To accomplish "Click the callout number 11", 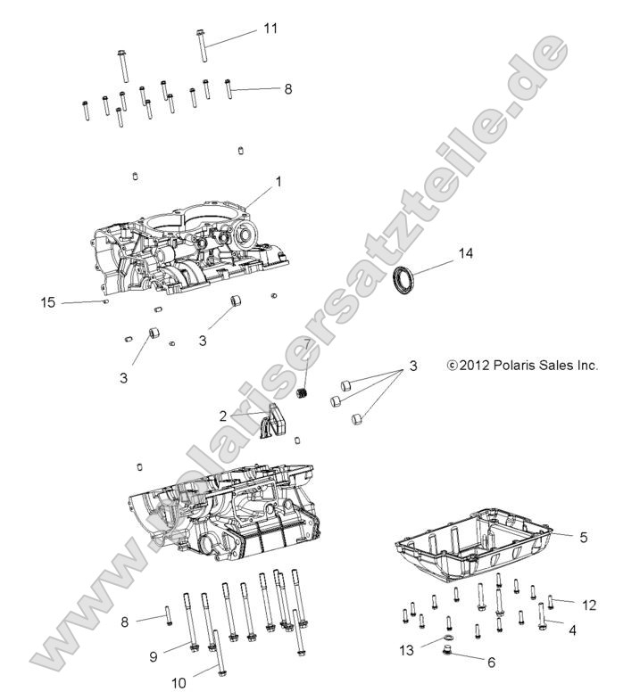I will pos(270,29).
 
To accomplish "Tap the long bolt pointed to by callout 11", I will pos(203,46).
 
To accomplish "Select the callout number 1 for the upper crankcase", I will pos(278,181).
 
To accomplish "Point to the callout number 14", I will pos(465,253).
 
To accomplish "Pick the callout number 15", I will pos(48,303).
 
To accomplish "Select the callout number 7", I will pos(307,343).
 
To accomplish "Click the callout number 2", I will pos(223,416).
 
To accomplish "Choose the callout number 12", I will pos(588,605).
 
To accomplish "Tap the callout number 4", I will pos(572,631).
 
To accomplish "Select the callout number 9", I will pos(154,656).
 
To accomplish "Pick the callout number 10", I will pos(179,684).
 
